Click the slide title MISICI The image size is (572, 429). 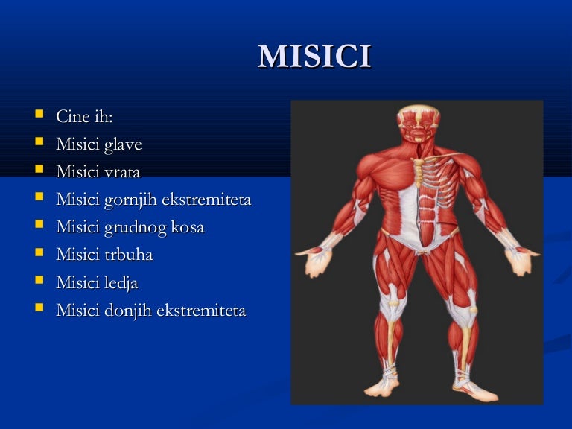tap(314, 57)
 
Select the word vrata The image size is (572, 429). tap(121, 172)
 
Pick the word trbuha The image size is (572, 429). tap(128, 255)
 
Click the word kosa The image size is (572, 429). tap(187, 227)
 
